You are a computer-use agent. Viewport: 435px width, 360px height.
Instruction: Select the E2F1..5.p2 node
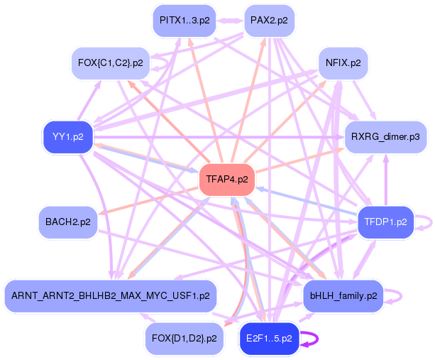coord(268,339)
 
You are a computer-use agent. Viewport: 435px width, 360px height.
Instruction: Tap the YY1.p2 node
coord(68,136)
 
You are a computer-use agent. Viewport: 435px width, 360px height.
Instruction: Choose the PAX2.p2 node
coord(269,21)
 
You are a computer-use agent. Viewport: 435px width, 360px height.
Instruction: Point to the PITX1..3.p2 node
coord(184,21)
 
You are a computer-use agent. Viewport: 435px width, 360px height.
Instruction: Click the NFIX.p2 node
coord(343,63)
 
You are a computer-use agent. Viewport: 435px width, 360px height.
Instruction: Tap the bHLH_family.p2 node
coord(343,295)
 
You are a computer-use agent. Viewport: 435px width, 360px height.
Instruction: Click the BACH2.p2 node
coord(68,222)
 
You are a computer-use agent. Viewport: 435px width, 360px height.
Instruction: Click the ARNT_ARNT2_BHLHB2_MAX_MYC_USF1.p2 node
coord(109,295)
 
